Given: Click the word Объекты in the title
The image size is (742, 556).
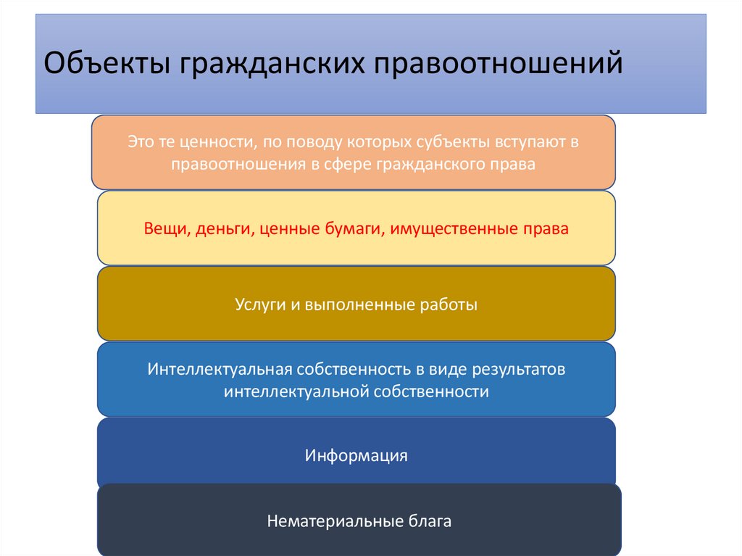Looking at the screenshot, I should point(104,63).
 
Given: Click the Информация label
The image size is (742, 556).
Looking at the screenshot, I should point(356,456).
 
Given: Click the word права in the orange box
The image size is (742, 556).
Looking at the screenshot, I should point(516,165).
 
